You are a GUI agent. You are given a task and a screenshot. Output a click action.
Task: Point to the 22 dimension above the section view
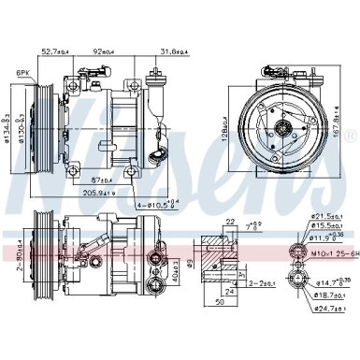pyautogui.click(x=229, y=220)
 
